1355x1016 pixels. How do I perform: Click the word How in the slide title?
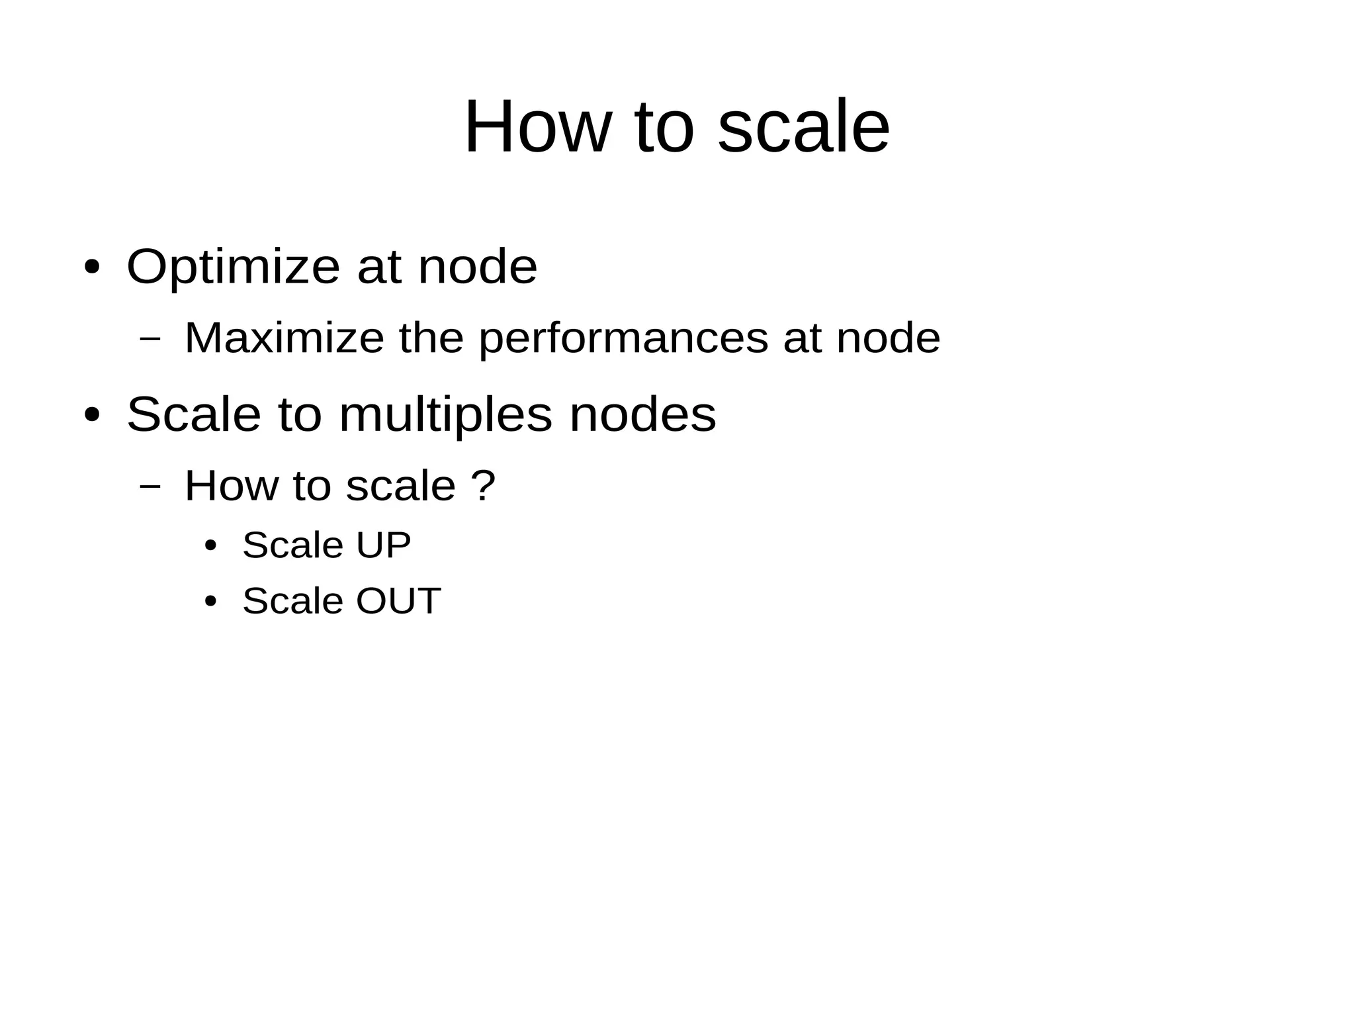537,126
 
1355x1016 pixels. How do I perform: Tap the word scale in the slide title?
803,126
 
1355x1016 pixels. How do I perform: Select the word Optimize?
233,267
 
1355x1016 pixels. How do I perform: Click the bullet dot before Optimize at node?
93,268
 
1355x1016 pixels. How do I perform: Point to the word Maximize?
284,338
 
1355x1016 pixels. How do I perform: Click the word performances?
623,338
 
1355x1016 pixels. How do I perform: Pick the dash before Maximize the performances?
151,338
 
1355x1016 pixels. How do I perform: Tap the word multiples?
445,415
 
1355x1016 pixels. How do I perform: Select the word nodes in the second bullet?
642,415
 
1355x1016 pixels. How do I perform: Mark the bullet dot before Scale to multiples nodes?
93,416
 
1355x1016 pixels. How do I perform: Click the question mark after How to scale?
483,485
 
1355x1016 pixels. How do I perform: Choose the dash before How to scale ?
151,485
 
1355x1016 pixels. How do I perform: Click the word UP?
383,545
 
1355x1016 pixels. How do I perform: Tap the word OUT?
398,601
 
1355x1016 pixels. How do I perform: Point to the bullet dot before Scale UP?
210,546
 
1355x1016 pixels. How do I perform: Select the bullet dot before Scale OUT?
210,602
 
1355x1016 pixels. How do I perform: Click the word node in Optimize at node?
477,267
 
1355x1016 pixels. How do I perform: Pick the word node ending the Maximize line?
888,338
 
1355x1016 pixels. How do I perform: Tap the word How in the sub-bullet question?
232,485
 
